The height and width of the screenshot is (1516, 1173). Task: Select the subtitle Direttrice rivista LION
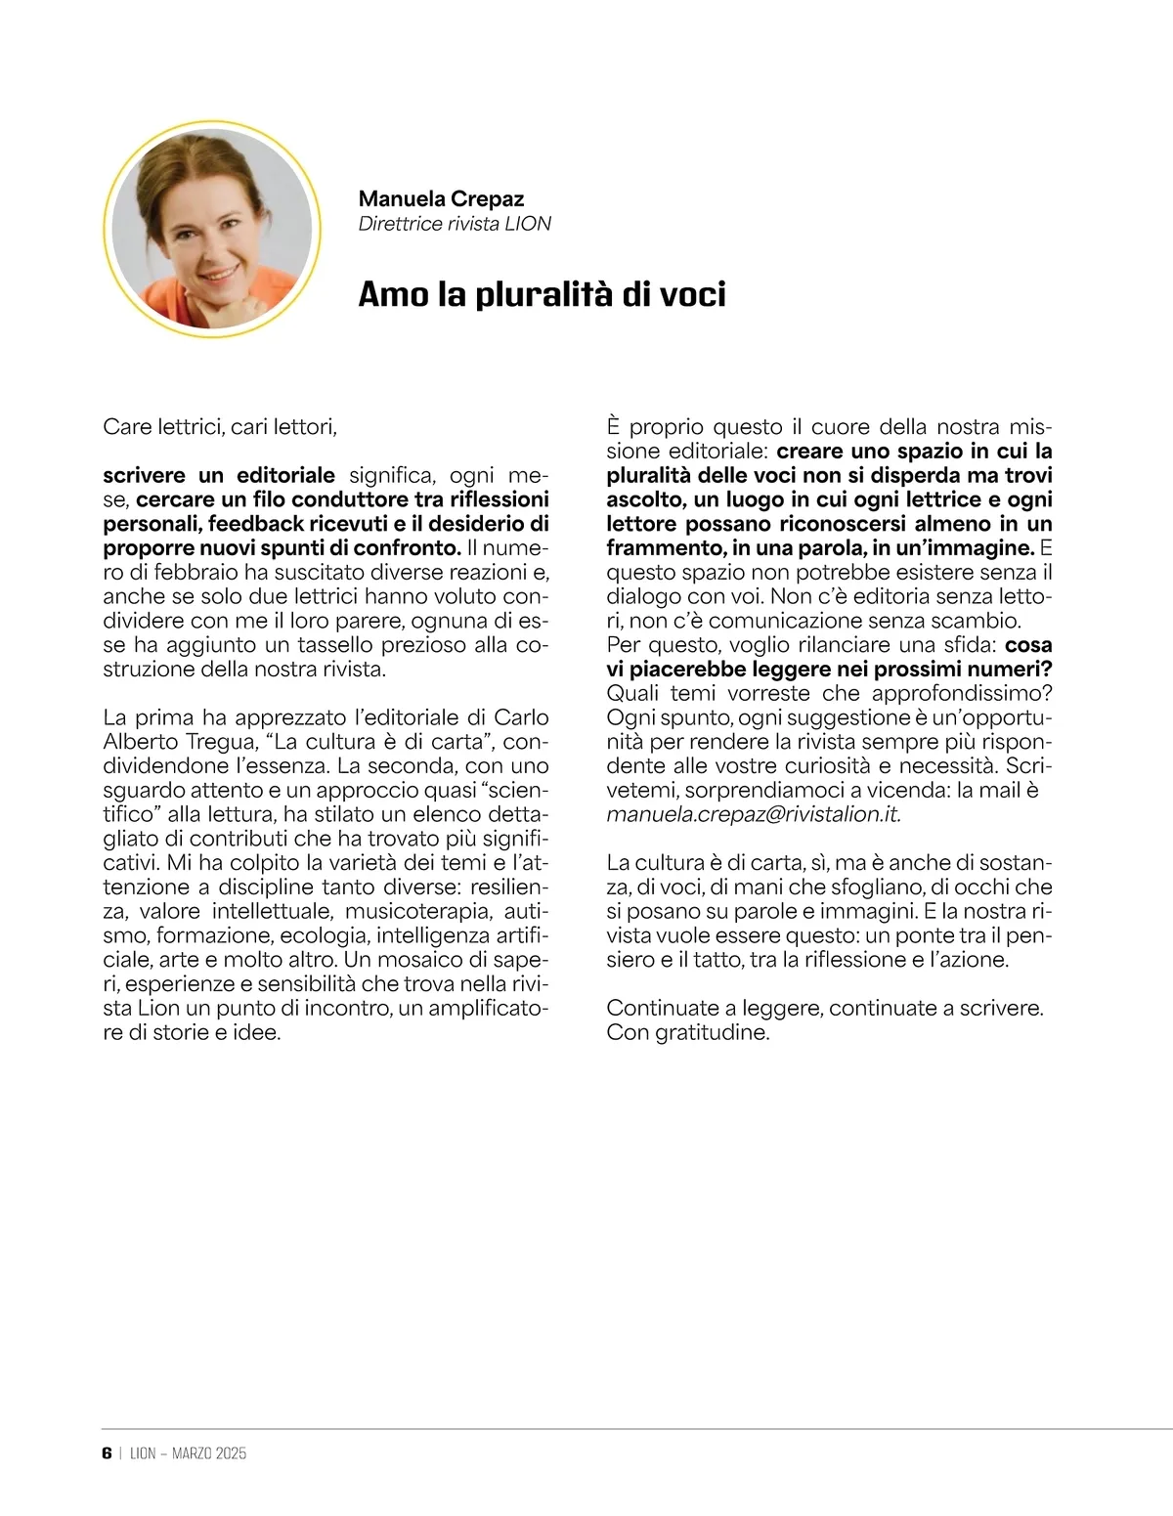pyautogui.click(x=455, y=224)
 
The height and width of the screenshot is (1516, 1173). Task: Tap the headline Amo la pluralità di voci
pyautogui.click(x=542, y=294)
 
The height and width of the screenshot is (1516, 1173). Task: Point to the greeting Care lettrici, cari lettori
pyautogui.click(x=220, y=427)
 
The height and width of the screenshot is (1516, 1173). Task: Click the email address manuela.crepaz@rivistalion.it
pyautogui.click(x=753, y=814)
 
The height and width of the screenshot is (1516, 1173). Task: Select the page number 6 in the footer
pyautogui.click(x=107, y=1452)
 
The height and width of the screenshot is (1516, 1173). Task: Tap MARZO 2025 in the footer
pyautogui.click(x=209, y=1453)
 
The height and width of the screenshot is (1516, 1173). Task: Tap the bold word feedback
pyautogui.click(x=250, y=524)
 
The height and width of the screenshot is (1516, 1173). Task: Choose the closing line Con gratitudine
pyautogui.click(x=688, y=1032)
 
